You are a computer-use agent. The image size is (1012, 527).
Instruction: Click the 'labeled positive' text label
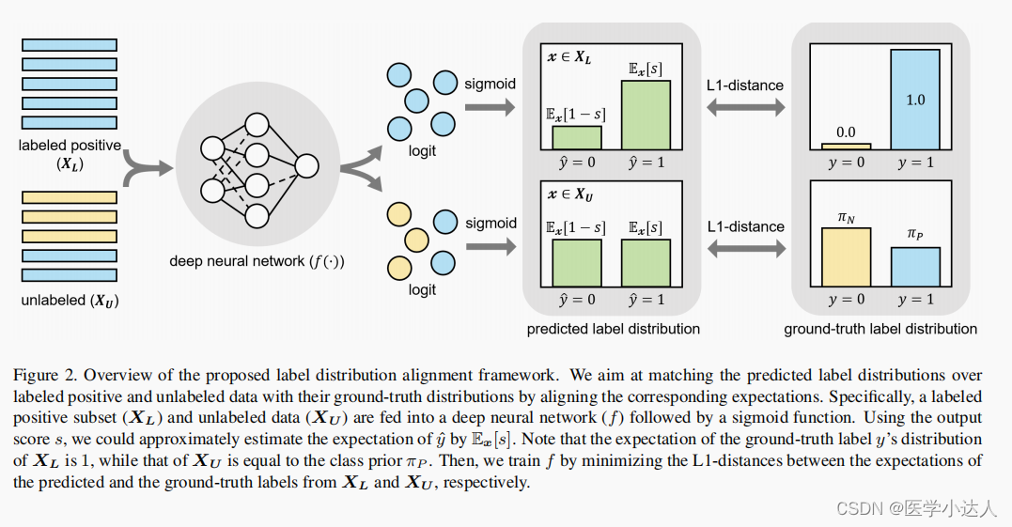click(x=70, y=146)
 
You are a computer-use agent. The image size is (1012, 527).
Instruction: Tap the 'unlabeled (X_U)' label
click(x=70, y=302)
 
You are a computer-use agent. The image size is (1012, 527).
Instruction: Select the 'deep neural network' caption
click(x=257, y=261)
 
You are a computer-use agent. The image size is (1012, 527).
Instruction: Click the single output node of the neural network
click(x=306, y=167)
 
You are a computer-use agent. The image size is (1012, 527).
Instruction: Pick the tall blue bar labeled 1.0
click(x=914, y=99)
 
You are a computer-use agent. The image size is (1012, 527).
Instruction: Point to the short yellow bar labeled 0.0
click(x=846, y=146)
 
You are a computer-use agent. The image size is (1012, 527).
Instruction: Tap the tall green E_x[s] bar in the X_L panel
click(x=646, y=115)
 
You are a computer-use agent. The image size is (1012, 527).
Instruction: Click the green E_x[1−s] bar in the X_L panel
click(x=576, y=138)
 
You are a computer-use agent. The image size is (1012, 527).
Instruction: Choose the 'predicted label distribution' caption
click(x=613, y=329)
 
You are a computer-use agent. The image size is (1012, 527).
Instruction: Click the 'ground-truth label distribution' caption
click(x=880, y=329)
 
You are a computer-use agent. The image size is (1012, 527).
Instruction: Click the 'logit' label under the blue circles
click(x=422, y=151)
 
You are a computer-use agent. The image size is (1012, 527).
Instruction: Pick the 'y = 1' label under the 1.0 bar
click(x=915, y=163)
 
